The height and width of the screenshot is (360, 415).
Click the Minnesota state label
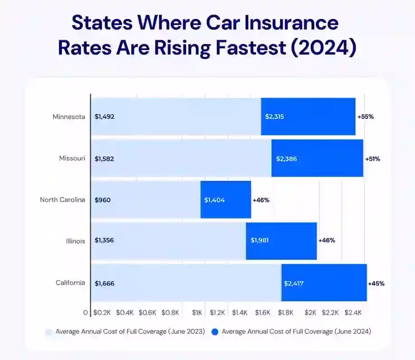click(69, 117)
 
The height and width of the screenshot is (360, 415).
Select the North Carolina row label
click(62, 200)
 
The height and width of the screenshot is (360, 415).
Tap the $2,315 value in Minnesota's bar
click(275, 117)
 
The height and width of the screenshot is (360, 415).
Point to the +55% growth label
click(365, 117)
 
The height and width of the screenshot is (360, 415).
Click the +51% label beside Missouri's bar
click(373, 159)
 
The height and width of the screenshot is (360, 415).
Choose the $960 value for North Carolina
click(103, 200)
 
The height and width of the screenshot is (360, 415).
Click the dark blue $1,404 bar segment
click(226, 200)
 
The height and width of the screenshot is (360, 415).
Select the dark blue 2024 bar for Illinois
click(281, 241)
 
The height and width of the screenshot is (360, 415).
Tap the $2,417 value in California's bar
click(294, 284)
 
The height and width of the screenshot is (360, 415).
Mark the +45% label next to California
click(376, 284)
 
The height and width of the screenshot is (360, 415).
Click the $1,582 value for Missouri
click(105, 159)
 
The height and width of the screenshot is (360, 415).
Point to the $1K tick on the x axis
click(197, 313)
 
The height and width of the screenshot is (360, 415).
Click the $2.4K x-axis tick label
click(353, 313)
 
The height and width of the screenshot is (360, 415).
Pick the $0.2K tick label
click(102, 313)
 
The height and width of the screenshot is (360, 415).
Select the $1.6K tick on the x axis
click(262, 313)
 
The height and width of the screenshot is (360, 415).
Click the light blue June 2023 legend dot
click(49, 332)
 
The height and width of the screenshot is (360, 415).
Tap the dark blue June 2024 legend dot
click(215, 332)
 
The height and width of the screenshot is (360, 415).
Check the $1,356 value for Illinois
click(104, 241)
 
